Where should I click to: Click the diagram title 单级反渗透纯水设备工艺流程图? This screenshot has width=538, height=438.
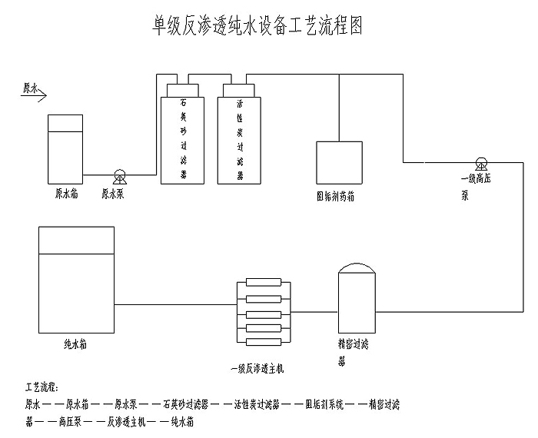[255, 25]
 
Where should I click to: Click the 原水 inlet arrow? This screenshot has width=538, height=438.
[35, 91]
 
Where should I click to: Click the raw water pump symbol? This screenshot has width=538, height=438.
[120, 174]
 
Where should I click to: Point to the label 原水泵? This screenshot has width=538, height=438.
[114, 195]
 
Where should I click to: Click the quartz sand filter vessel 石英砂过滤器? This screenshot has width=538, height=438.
[183, 138]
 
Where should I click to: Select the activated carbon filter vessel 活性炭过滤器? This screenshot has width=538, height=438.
[239, 138]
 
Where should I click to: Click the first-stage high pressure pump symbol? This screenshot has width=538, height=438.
[480, 163]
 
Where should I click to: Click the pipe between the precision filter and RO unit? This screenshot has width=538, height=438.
[316, 312]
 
